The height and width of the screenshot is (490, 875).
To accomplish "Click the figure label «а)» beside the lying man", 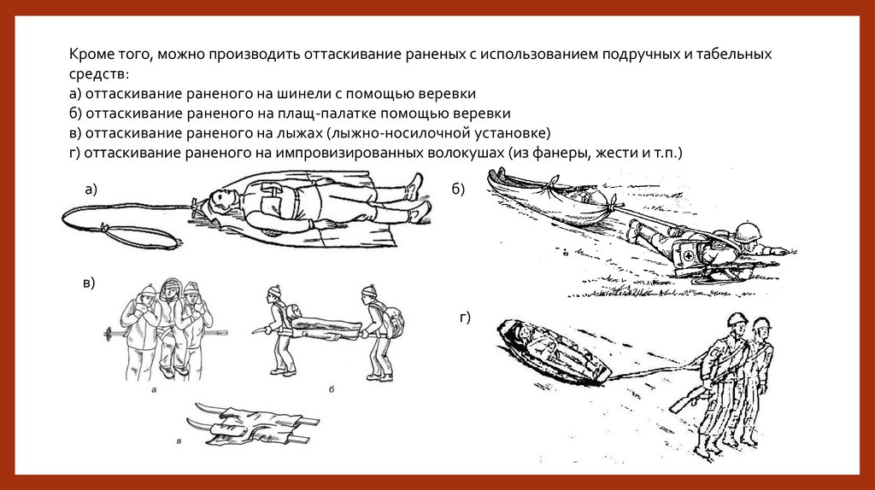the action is tap(91, 190).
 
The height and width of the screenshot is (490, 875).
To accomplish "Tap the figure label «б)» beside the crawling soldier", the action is tap(458, 190).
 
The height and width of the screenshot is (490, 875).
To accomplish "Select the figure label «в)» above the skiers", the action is tap(89, 283).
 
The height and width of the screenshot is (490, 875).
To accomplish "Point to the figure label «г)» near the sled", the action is tap(465, 318).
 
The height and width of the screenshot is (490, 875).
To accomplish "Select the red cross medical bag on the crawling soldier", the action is tap(690, 254).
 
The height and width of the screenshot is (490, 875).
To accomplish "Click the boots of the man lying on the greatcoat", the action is tap(418, 199).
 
